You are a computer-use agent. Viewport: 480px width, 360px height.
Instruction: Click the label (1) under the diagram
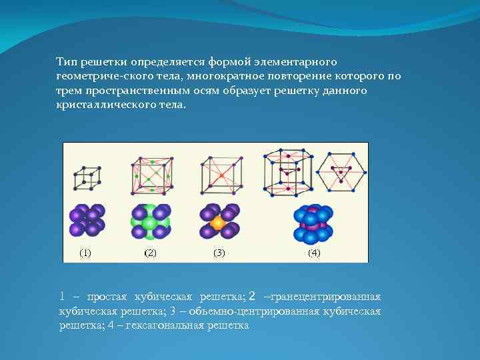(x=85, y=253)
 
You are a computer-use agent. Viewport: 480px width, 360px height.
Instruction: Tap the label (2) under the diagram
(x=150, y=253)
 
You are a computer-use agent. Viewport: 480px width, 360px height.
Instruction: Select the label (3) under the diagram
(x=219, y=253)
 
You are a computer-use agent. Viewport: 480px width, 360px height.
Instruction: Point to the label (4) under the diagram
(x=314, y=253)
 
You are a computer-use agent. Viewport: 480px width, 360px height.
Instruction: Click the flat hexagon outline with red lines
(x=341, y=171)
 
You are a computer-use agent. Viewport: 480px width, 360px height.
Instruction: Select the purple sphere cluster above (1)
(x=86, y=221)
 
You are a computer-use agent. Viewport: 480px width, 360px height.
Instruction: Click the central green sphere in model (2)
(x=151, y=223)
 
